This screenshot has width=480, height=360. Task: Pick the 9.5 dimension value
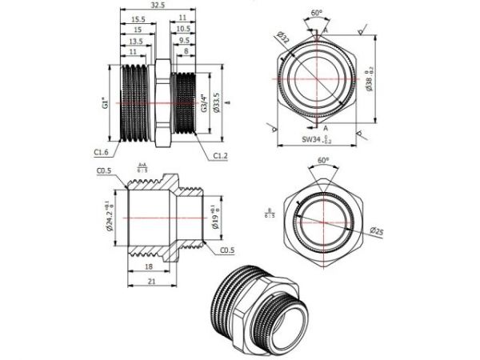coord(185,41)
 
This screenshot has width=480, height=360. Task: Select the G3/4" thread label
coord(204,103)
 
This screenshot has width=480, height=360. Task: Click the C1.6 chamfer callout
coord(102,151)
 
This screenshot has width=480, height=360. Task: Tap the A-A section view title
coord(142,166)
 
